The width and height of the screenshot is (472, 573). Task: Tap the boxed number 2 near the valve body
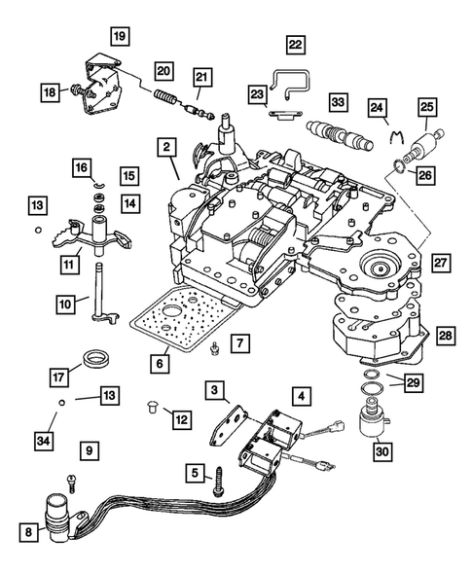point(166,148)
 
